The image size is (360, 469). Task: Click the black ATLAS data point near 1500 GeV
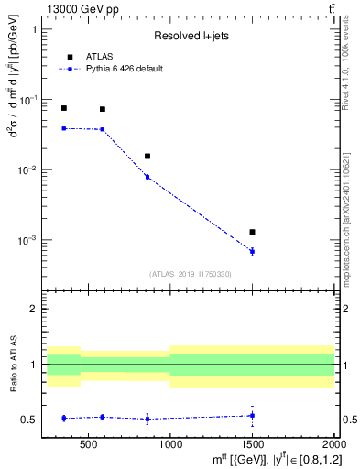252,232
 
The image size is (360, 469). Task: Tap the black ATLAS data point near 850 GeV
147,156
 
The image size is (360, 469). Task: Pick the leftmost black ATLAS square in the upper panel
63,108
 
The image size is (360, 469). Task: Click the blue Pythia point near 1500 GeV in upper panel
252,251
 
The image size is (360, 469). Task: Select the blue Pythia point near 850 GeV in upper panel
147,177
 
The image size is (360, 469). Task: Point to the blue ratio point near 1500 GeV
252,416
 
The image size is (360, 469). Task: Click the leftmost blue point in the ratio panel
63,418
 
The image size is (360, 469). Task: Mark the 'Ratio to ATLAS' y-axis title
13,364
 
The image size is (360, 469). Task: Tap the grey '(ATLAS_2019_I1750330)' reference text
191,274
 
